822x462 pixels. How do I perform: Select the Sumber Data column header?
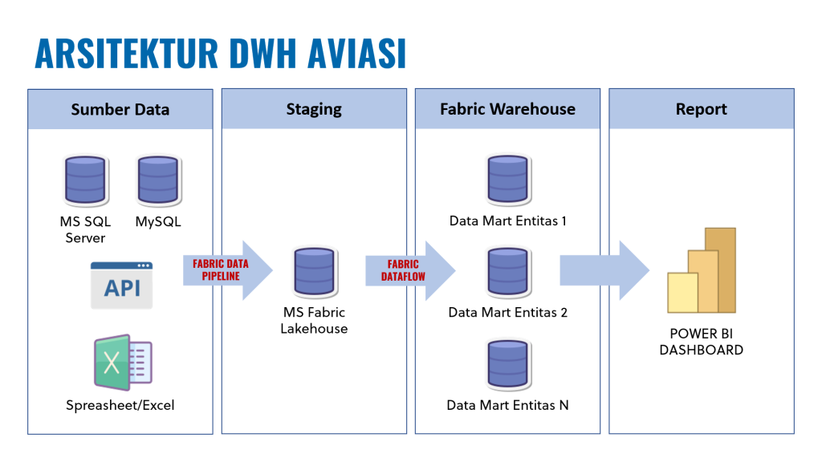(120, 110)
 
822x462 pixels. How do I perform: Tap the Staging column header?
(314, 110)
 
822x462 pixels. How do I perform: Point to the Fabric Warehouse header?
(507, 110)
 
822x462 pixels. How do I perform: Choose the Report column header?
(702, 110)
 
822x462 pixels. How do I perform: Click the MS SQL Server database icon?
(85, 180)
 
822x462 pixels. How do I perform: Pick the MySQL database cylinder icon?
(158, 180)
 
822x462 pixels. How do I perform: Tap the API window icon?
(121, 286)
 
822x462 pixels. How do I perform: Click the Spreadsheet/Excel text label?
(120, 405)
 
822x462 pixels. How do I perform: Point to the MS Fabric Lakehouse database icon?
(315, 272)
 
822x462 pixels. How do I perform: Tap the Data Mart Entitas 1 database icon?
(508, 180)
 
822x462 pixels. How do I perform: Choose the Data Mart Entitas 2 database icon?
(508, 273)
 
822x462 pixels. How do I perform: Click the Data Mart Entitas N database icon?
(508, 365)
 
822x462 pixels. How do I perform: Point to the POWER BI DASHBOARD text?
(702, 342)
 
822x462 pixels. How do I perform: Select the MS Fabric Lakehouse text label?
(314, 321)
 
